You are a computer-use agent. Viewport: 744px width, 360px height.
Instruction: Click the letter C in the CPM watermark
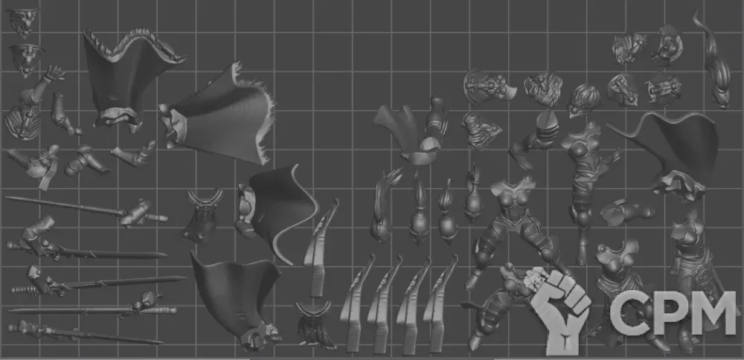[627, 313]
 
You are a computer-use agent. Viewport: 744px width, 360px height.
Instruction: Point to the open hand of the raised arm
[54, 73]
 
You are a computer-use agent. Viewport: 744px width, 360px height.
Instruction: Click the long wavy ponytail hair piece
[712, 60]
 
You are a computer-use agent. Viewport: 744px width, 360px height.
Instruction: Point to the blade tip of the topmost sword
[7, 199]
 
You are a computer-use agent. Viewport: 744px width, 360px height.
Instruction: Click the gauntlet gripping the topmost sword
[135, 212]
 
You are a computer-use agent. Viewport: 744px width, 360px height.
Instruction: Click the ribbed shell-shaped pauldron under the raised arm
[22, 121]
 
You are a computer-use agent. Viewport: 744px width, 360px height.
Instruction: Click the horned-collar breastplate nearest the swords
[202, 216]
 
